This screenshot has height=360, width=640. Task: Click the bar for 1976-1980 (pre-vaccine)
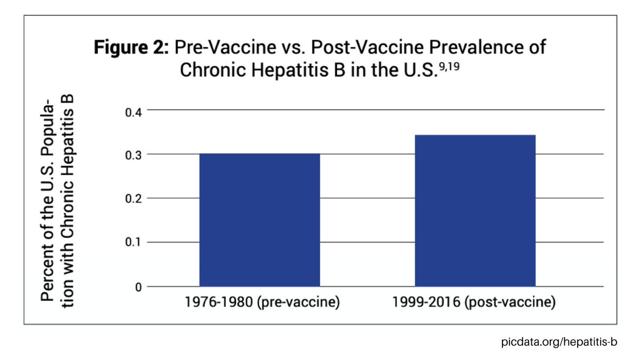point(260,220)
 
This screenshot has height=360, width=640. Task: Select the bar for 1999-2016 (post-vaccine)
point(475,211)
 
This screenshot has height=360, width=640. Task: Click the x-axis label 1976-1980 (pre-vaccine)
point(262,304)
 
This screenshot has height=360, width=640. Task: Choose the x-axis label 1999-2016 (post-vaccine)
point(474,304)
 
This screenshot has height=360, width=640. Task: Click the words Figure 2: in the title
point(132,47)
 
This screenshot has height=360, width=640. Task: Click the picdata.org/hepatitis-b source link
point(559,341)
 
